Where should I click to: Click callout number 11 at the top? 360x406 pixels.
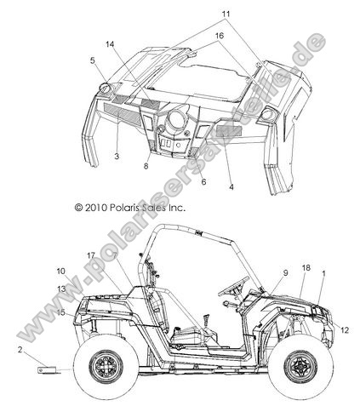tap(226, 14)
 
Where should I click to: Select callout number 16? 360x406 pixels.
tap(219, 36)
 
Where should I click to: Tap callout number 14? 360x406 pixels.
tap(110, 44)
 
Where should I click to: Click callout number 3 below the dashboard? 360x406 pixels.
tap(117, 156)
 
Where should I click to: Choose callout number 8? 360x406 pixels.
tap(146, 166)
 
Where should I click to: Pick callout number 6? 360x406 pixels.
tap(203, 182)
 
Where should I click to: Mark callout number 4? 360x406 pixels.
tap(231, 187)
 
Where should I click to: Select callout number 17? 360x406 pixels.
tap(91, 255)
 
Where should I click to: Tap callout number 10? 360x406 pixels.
tap(60, 272)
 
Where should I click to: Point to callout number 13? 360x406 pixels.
tap(61, 289)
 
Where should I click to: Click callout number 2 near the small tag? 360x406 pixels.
tap(20, 350)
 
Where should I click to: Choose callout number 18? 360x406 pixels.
tap(306, 268)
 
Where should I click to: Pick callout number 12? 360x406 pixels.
tap(345, 330)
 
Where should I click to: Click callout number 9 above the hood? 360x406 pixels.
tap(285, 273)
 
